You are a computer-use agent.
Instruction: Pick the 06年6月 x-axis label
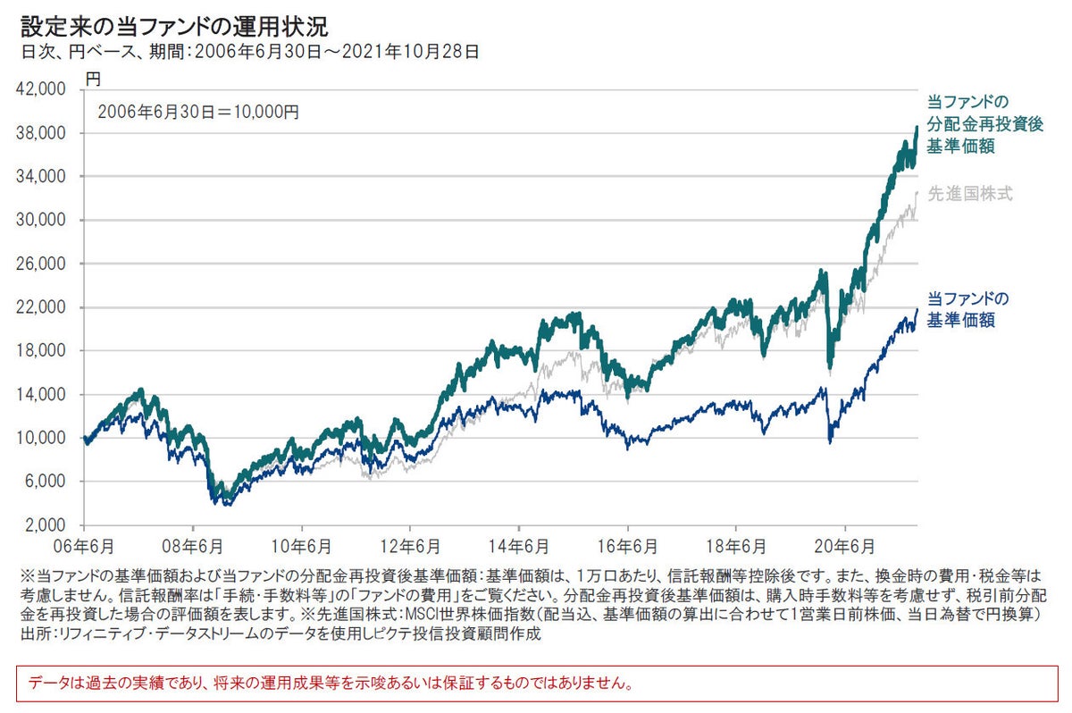pos(83,544)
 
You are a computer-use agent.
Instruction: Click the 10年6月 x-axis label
pos(301,544)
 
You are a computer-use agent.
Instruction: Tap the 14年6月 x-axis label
pos(519,544)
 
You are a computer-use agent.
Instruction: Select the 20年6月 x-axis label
pos(846,544)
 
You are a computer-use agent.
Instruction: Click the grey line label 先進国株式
pos(970,193)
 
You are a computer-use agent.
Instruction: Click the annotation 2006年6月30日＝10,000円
pos(198,113)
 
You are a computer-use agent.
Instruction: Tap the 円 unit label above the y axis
pos(94,79)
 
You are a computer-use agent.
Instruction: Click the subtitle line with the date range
pos(251,52)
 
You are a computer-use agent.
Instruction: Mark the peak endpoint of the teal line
pos(917,128)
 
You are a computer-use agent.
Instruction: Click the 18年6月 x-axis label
pos(737,544)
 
